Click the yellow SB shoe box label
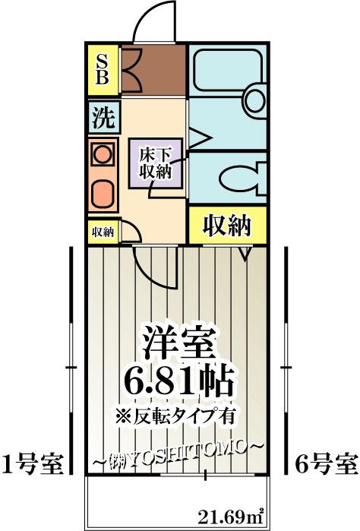point(103,70)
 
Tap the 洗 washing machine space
point(103,117)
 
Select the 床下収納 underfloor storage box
point(156,163)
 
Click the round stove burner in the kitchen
point(103,154)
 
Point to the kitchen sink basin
point(103,194)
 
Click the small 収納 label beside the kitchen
point(103,232)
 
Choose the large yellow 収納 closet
point(227,225)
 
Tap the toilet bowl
point(242,178)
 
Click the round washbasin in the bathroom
point(255,100)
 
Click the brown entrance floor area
point(153,70)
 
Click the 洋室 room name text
point(179,342)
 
